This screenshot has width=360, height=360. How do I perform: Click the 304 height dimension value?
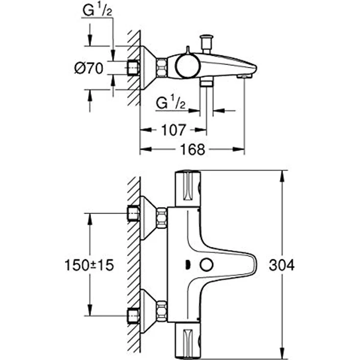pos(282,266)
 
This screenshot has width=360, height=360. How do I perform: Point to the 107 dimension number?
pos(174,130)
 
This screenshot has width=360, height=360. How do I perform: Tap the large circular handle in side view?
pos(186,67)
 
